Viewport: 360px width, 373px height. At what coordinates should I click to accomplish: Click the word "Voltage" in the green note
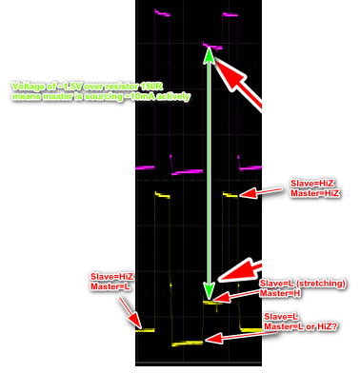click(27, 86)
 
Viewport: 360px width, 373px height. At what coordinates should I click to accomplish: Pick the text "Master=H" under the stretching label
click(284, 294)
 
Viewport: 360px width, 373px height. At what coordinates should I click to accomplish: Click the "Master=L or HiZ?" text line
click(308, 326)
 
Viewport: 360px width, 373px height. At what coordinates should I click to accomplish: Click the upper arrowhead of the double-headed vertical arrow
click(209, 54)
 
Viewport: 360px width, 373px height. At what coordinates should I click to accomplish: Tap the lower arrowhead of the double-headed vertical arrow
click(209, 294)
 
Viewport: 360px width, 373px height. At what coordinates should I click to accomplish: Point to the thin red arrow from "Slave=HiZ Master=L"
click(133, 310)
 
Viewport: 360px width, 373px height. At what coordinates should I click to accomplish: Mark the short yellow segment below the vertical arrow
click(212, 302)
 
